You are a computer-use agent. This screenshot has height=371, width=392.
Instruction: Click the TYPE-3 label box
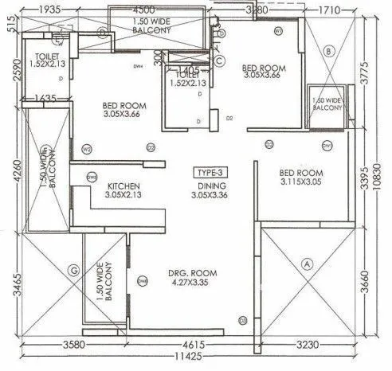click(x=211, y=172)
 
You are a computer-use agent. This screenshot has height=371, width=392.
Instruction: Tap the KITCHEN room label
click(x=123, y=187)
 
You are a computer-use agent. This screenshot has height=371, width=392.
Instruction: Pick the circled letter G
click(x=74, y=271)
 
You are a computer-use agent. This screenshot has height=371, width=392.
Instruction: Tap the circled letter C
click(x=220, y=60)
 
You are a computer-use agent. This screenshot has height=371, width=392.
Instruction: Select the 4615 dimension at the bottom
click(x=190, y=345)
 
